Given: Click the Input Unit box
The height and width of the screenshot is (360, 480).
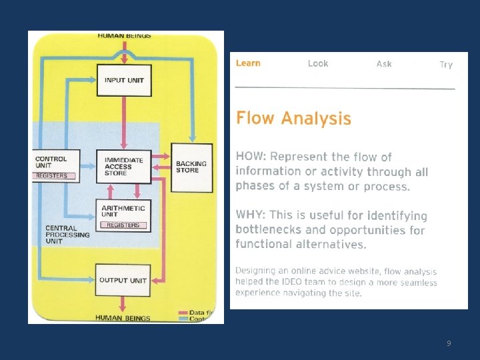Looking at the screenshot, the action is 124,80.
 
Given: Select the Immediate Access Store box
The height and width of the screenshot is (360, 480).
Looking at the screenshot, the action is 124,166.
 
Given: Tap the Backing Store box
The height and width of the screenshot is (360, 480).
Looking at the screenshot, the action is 191,167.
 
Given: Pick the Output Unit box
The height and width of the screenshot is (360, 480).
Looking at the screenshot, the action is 123,280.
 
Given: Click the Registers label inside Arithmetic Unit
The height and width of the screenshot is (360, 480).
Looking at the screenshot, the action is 123,225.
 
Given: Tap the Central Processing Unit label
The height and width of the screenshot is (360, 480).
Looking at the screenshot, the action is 67,235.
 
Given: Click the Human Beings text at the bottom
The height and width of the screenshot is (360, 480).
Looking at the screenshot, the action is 123,318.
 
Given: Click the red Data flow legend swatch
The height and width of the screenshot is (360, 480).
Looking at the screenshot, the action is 183,312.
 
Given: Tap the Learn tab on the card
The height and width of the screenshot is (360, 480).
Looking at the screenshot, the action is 248,63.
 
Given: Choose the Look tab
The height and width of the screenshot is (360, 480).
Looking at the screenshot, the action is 318,63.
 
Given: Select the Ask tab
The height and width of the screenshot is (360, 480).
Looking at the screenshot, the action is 384,64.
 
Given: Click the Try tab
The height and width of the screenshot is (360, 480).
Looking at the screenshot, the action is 446,65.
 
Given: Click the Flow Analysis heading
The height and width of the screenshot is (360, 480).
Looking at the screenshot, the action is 293,119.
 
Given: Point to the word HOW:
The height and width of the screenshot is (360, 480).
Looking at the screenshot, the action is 251,157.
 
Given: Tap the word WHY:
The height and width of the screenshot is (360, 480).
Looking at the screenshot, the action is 251,215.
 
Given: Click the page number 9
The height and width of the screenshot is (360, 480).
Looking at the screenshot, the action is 449,343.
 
